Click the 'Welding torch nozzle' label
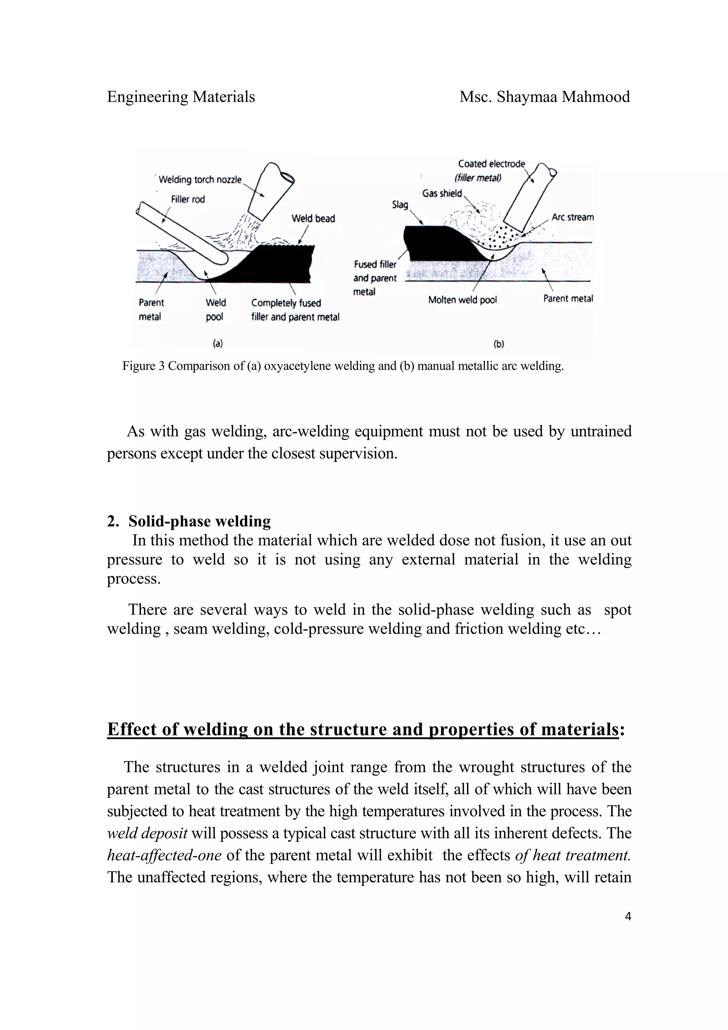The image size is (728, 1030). (200, 180)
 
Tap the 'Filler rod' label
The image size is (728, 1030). (187, 199)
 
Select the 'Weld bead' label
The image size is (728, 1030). (313, 219)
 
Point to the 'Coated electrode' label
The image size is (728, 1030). (491, 164)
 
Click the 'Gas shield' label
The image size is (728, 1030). (442, 193)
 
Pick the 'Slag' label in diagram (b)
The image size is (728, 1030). (400, 205)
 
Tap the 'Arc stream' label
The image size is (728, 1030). (572, 217)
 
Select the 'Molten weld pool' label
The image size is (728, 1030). (462, 300)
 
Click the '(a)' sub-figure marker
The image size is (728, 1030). (218, 344)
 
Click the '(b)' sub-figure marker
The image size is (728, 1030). (499, 344)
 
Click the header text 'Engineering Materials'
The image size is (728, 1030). (181, 96)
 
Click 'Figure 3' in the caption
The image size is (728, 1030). (144, 366)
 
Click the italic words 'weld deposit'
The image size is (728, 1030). (147, 833)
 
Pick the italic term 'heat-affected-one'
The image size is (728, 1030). (164, 855)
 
